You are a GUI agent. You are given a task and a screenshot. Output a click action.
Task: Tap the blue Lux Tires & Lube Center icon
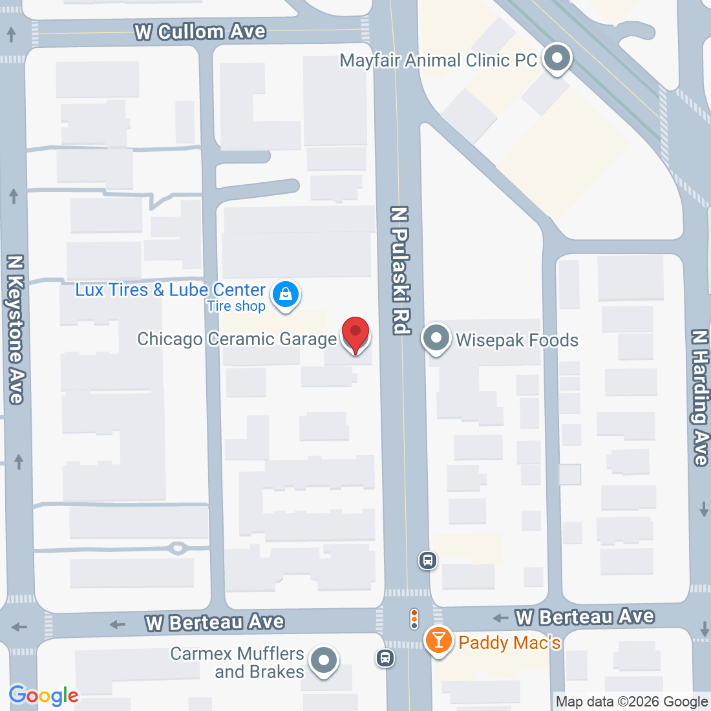(285, 295)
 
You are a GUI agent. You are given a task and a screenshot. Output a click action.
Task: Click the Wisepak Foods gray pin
(436, 338)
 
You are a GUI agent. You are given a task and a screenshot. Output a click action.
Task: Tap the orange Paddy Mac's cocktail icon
(439, 641)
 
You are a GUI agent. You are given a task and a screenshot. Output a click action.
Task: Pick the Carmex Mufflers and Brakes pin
(324, 661)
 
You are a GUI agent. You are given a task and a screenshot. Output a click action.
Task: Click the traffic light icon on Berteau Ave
(414, 619)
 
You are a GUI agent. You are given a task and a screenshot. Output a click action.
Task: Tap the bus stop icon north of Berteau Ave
(427, 560)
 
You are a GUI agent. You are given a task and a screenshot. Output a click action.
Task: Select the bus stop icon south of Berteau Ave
(385, 659)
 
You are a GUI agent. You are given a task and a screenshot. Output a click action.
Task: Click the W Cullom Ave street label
(200, 32)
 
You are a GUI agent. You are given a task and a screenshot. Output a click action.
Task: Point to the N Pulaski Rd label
(401, 270)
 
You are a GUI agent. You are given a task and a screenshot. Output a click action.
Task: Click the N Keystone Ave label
(15, 330)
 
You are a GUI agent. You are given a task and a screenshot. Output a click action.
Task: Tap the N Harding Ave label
(700, 398)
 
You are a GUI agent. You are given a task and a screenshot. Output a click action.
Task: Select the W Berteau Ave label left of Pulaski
(215, 622)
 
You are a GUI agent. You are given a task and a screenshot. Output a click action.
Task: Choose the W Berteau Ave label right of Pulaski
(585, 617)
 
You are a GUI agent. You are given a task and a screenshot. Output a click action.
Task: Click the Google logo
(43, 695)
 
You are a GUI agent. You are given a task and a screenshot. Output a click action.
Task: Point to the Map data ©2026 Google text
(631, 702)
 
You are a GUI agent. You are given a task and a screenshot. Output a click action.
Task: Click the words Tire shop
(236, 306)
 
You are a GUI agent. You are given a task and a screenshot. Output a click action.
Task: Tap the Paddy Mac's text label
(509, 642)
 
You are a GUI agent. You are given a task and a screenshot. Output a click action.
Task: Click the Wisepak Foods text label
(517, 340)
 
